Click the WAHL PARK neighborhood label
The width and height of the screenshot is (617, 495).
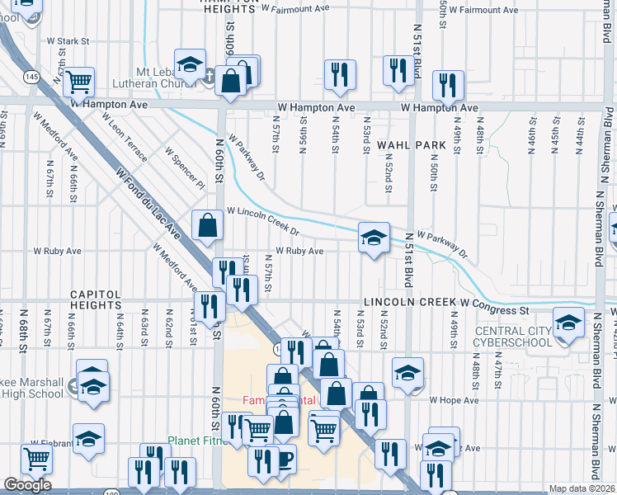(x=412, y=145)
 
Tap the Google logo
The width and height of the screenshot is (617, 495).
(x=27, y=485)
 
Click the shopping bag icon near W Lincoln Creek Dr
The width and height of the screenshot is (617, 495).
(x=207, y=225)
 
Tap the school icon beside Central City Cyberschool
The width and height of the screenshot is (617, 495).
(x=568, y=323)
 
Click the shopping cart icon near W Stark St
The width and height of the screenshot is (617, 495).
(x=79, y=82)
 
